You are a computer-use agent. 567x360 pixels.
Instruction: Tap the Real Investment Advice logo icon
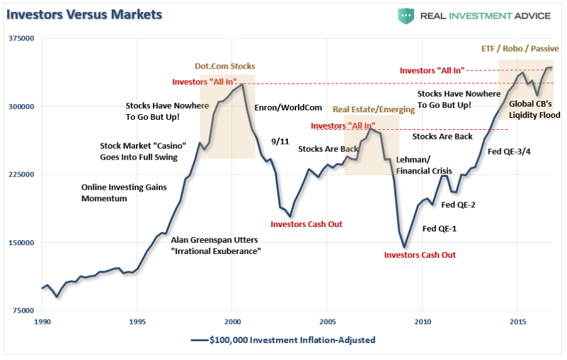406,16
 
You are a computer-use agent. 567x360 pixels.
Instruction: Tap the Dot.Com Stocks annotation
225,66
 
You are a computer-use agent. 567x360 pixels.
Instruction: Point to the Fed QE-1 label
439,228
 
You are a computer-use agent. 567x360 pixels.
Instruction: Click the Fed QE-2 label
458,204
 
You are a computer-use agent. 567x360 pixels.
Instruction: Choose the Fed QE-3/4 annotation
509,151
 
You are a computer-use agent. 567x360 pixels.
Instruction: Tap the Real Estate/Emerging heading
374,110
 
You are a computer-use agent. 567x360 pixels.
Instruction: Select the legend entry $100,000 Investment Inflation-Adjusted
283,340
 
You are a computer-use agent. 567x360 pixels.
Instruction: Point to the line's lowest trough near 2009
404,248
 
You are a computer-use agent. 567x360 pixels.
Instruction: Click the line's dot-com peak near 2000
242,84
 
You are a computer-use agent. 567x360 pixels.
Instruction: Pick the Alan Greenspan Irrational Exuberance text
215,245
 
